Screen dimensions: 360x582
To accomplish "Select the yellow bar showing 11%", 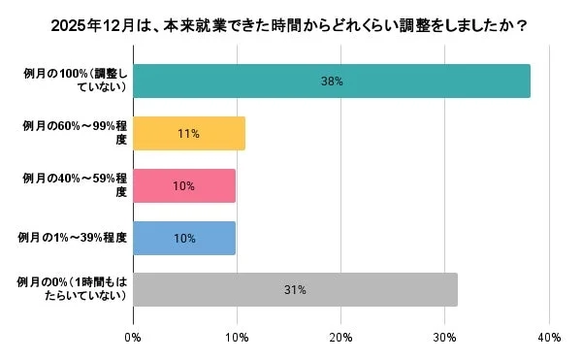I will click(189, 133).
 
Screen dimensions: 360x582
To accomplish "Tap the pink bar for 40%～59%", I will click(184, 185).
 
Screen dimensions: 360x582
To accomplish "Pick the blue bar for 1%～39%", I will click(184, 238).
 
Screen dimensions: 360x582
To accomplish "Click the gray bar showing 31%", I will click(295, 289).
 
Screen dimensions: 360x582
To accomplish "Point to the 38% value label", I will click(332, 82).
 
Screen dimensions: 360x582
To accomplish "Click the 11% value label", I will click(189, 134).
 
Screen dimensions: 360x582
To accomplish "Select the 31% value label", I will click(296, 290).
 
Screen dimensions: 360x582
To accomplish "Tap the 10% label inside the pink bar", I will click(184, 186).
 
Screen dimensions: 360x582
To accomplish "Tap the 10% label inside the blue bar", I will click(184, 239).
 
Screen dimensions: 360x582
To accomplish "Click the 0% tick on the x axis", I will click(133, 338).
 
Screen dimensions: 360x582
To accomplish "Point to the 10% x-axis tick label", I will click(237, 338).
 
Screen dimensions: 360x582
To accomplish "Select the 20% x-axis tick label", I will click(340, 338).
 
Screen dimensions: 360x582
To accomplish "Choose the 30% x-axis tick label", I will click(444, 338).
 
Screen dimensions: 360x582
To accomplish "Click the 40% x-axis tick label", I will click(548, 338).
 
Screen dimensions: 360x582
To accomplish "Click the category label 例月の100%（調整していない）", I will click(74, 81).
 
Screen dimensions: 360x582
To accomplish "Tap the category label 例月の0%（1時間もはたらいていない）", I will click(74, 289).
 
